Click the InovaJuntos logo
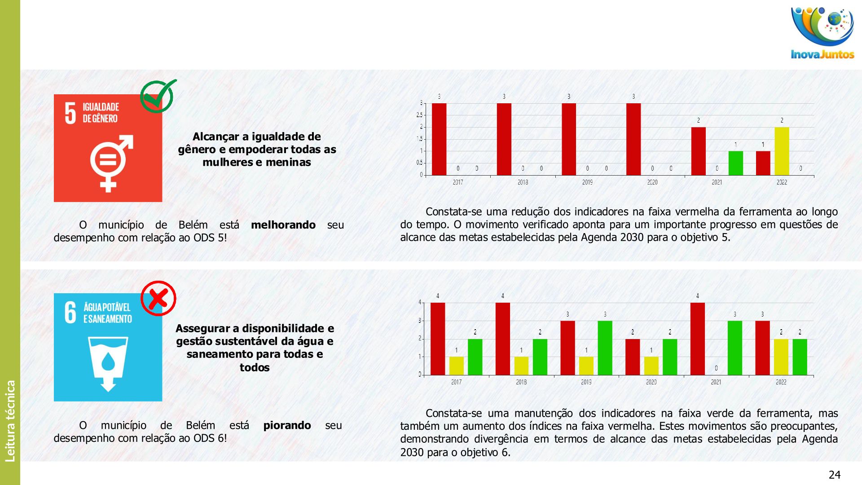[822, 33]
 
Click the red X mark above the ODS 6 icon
[158, 298]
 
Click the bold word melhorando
[283, 225]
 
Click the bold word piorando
[287, 425]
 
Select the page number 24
[834, 475]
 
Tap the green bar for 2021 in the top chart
[735, 163]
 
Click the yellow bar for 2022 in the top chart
[782, 151]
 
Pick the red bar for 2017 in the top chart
[439, 139]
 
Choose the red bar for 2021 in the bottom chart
[698, 339]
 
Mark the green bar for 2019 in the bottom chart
[605, 348]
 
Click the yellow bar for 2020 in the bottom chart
[651, 366]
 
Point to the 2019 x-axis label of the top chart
[587, 182]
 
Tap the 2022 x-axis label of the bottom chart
[781, 382]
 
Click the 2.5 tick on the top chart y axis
[419, 115]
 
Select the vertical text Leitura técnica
[10, 421]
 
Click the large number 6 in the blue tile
[70, 313]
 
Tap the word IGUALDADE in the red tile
[101, 107]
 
